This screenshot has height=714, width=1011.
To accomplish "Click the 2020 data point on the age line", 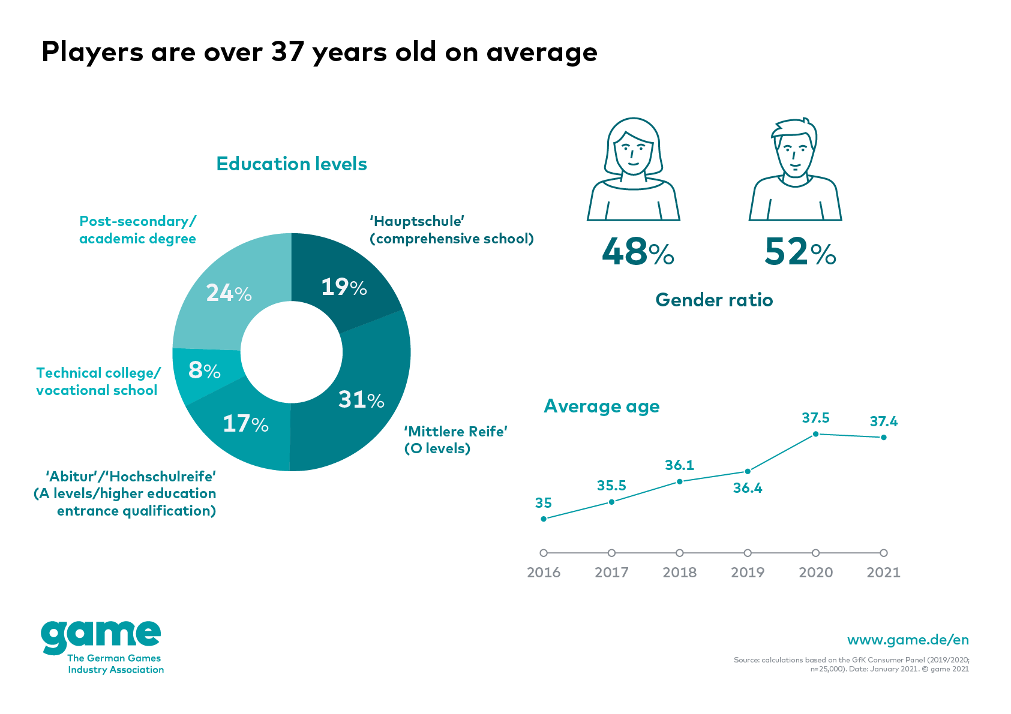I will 815,434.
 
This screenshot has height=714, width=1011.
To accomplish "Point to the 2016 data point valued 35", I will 544,519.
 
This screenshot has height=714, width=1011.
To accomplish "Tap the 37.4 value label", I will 884,421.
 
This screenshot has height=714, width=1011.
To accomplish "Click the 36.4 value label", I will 748,488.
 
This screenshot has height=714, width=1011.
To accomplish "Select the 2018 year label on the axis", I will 679,573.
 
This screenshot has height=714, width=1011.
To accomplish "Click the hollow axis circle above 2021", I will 884,553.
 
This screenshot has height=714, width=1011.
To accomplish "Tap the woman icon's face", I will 634,153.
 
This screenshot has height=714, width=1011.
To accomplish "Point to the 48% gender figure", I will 638,252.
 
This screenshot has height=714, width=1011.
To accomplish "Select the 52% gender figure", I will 800,252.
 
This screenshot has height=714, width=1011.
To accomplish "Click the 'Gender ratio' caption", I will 714,300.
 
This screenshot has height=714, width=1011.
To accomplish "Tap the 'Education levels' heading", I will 292,164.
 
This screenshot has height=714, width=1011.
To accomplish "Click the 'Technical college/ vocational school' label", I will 98,381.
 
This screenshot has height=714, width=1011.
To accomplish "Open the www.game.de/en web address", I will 908,640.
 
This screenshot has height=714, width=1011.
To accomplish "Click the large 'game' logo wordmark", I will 101,637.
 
